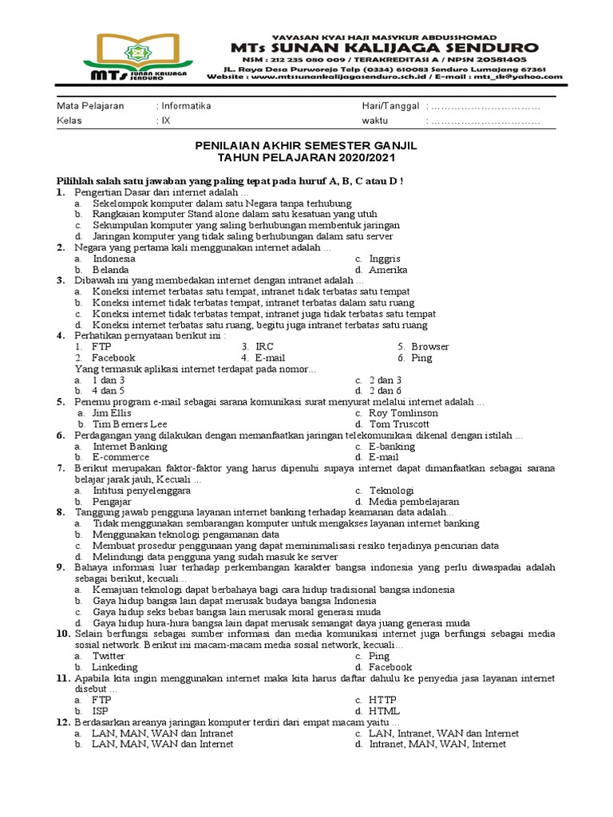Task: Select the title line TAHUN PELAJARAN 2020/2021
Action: pos(306,158)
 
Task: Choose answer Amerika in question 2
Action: pos(389,270)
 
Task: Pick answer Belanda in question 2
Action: pos(111,270)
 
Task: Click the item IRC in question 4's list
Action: pos(264,347)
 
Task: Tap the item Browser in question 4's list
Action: pos(429,347)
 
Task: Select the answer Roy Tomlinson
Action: pos(403,413)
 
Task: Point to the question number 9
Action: pos(60,566)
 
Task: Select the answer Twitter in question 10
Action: pos(109,656)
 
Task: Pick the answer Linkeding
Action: pos(115,667)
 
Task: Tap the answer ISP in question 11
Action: pos(101,711)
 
